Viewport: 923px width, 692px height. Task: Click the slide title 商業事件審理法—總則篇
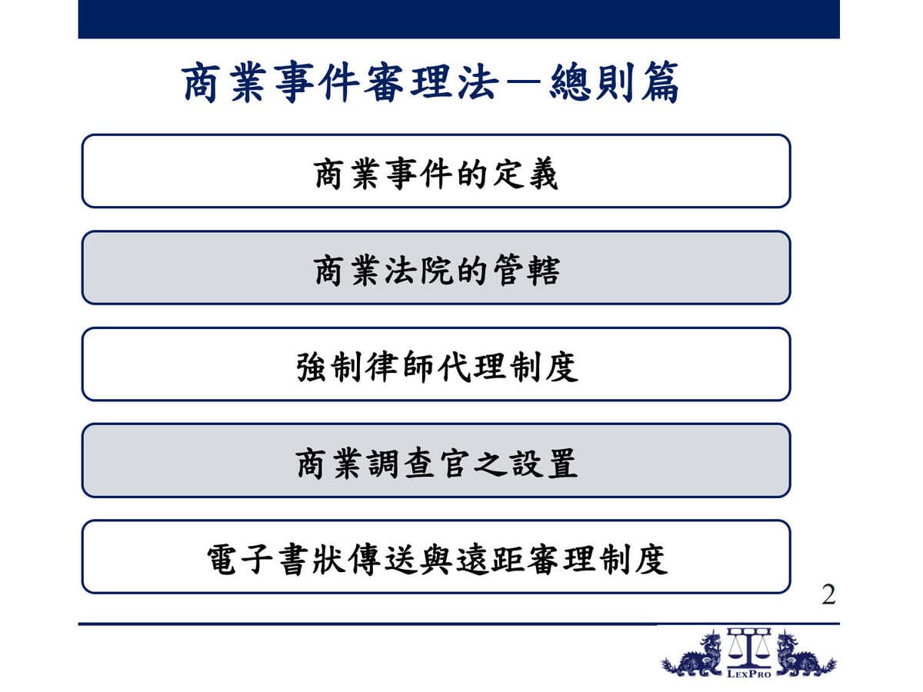pos(431,82)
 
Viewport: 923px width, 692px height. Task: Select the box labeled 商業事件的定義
pos(436,171)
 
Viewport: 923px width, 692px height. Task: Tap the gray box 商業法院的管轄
pos(436,268)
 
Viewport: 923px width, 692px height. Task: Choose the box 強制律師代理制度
pos(436,364)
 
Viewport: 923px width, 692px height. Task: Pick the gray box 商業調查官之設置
pos(436,461)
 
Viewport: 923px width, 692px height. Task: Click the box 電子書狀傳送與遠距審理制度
pos(436,557)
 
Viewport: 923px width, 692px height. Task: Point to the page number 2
pos(828,594)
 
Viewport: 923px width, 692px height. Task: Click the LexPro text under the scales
pos(749,674)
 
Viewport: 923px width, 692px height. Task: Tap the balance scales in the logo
pos(749,648)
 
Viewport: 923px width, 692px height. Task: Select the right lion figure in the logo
pos(805,655)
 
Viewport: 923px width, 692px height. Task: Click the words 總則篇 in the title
pos(614,82)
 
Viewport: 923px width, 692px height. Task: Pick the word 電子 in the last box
pos(239,560)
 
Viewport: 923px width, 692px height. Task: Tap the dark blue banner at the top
pos(458,19)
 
